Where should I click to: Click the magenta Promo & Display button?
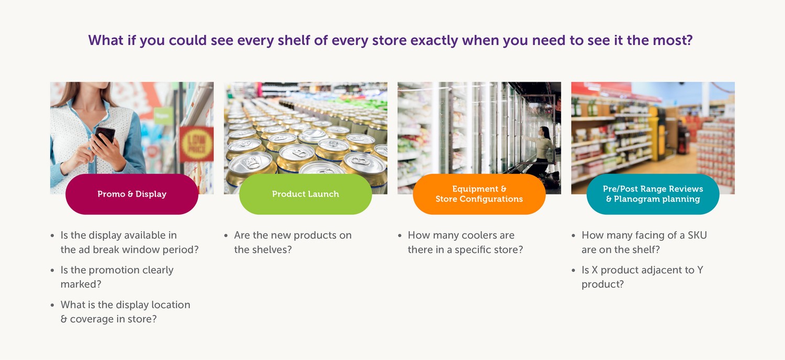[x=132, y=194]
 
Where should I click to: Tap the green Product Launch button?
[x=306, y=194]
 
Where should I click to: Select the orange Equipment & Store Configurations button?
[x=479, y=194]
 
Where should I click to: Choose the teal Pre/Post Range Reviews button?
[x=653, y=194]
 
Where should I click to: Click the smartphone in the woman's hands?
[x=105, y=135]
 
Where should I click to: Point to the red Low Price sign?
[x=197, y=144]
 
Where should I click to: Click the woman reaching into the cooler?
[x=542, y=151]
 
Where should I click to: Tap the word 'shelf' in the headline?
[x=294, y=40]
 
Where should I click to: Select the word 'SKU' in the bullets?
[x=697, y=235]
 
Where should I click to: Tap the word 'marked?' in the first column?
[x=81, y=284]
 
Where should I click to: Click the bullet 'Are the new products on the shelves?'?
[x=293, y=242]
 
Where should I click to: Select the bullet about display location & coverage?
[x=126, y=312]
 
